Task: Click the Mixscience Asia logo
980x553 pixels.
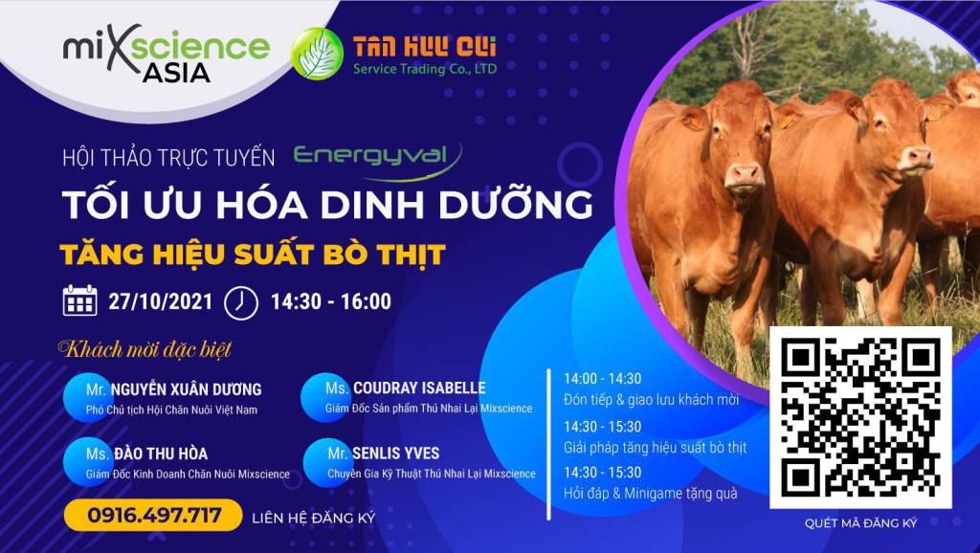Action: pos(167,54)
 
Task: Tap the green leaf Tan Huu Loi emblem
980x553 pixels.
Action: pos(317,54)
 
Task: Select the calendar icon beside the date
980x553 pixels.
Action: pos(80,300)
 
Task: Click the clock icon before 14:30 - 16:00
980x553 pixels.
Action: pos(240,302)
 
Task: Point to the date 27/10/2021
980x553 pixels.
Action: pos(161,301)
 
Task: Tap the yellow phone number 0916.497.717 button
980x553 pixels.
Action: pos(153,515)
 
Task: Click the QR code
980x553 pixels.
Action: pos(860,417)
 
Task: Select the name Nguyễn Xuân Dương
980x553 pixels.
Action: pos(187,389)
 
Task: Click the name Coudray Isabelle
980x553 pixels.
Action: pos(419,388)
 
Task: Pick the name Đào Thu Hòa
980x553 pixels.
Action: pos(161,453)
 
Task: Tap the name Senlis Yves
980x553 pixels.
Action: pos(395,453)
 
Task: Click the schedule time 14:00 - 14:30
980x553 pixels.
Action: pos(603,379)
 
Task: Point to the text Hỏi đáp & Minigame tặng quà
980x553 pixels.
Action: pos(651,494)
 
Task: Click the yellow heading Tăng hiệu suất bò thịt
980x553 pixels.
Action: pos(253,254)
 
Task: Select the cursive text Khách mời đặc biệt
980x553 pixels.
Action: pos(145,348)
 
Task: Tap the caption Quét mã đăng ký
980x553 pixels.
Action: pos(860,523)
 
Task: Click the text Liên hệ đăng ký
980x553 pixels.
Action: pos(314,518)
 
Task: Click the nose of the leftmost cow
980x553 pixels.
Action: pos(744,174)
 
